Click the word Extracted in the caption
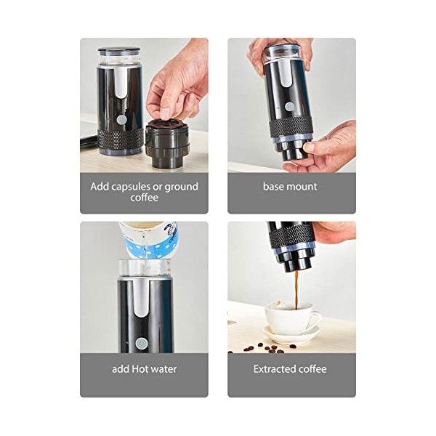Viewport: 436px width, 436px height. [275, 369]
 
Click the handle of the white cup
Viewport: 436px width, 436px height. [314, 320]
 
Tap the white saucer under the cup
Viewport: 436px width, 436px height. [291, 336]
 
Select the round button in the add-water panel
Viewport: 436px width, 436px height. [142, 343]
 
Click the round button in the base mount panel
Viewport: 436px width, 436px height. [290, 106]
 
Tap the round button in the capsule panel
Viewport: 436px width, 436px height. [121, 120]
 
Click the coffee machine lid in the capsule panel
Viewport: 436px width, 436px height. [119, 52]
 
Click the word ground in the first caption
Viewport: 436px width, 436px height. [180, 187]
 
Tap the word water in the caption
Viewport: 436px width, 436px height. [164, 369]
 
